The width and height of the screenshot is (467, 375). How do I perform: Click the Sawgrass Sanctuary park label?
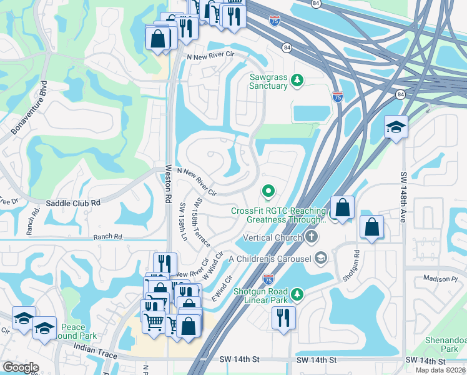(x=268, y=81)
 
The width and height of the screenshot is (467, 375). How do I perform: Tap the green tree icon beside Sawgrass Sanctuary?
(x=298, y=80)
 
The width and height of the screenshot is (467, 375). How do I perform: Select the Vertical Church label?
(x=273, y=237)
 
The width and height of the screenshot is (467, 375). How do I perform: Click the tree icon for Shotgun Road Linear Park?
(x=298, y=293)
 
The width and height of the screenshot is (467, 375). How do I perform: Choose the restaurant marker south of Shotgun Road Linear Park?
(x=283, y=317)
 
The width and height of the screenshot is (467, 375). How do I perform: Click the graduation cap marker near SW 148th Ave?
(x=396, y=127)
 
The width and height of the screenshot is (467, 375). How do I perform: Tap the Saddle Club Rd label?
(x=73, y=203)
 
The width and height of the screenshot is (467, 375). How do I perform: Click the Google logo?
(x=20, y=367)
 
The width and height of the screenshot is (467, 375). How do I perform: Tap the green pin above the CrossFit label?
(x=268, y=191)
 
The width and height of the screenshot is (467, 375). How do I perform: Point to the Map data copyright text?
(x=440, y=370)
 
